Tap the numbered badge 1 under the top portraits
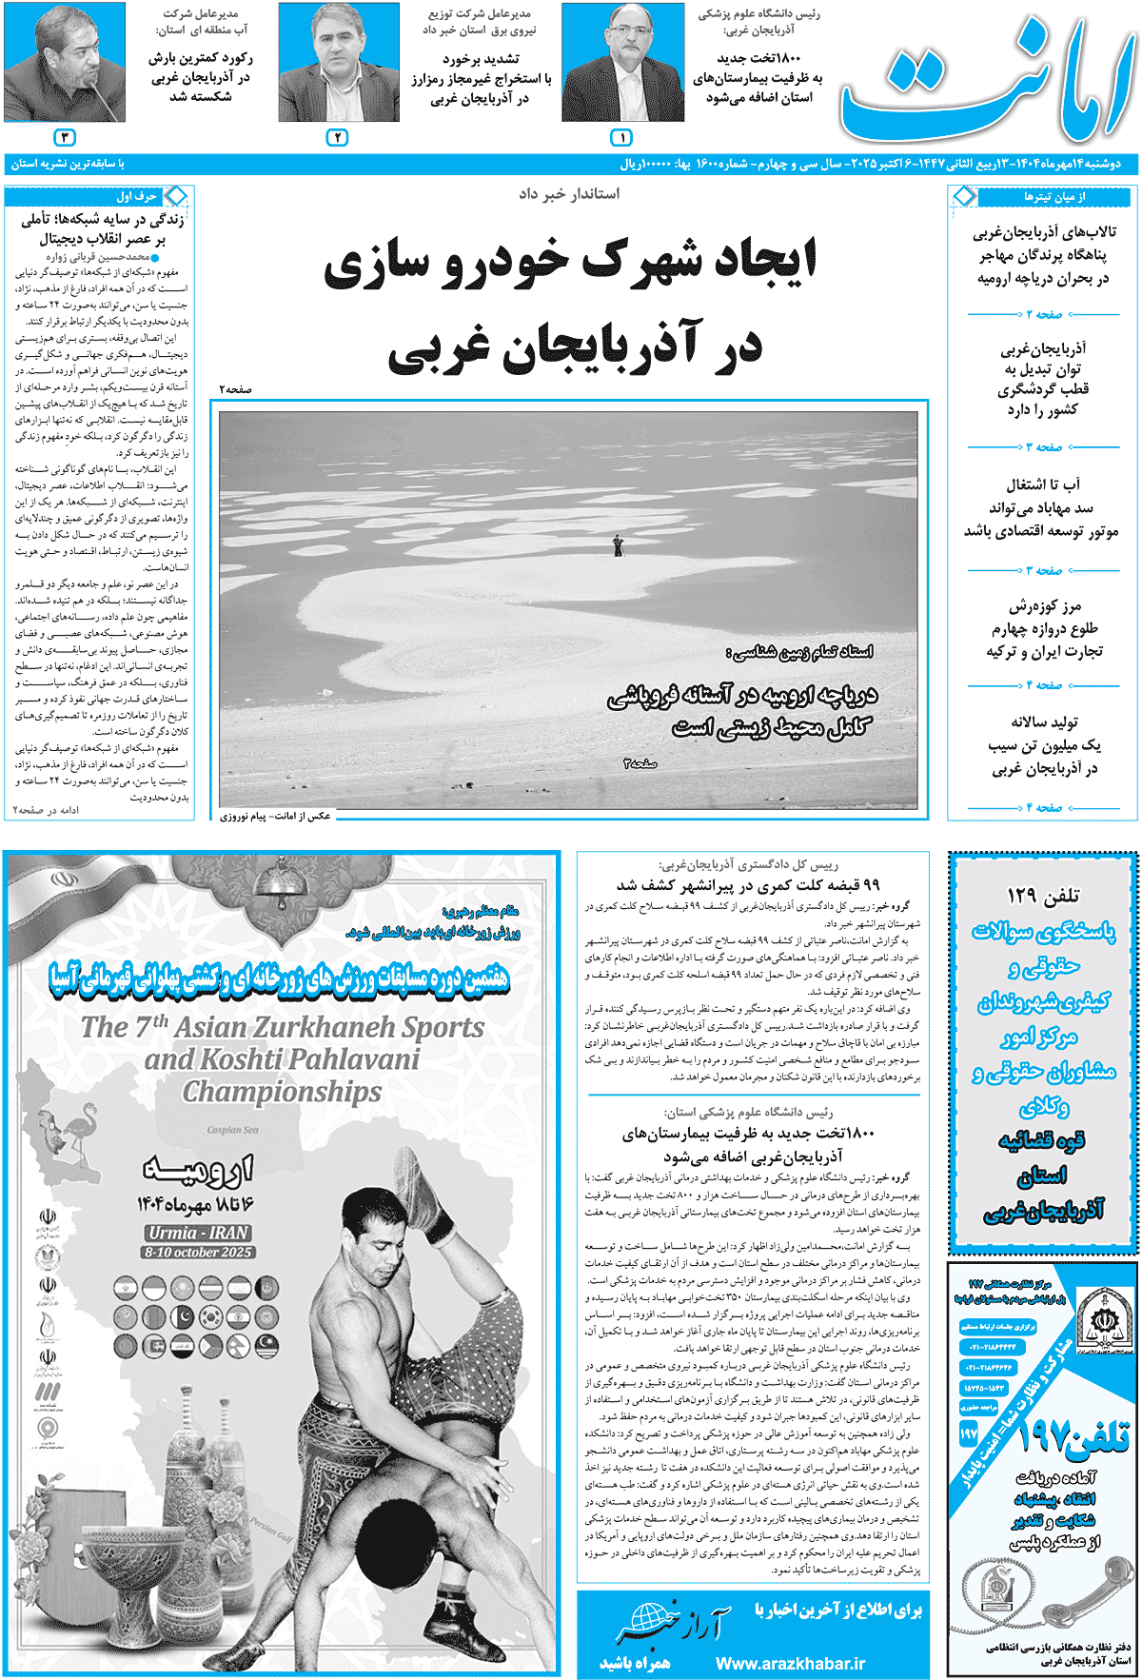pos(620,138)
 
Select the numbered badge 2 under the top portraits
pos(337,138)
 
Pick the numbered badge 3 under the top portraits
pos(64,138)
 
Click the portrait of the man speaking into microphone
pos(65,63)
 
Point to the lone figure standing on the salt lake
pos(619,545)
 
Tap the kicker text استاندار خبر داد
pos(569,194)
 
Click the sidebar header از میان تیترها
pos(1053,197)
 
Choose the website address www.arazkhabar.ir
pos(790,1663)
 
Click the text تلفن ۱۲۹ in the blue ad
pos(1043,896)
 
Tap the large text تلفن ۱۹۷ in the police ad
pos(1071,1436)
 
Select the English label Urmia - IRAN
pos(198,1233)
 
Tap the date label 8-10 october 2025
pos(198,1253)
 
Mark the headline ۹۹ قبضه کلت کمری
pos(749,885)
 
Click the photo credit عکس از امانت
pos(276,816)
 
